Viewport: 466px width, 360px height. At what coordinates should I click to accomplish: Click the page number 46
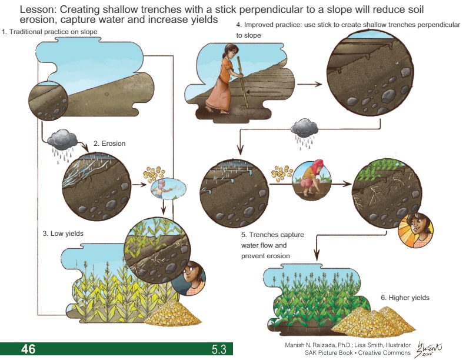coord(28,349)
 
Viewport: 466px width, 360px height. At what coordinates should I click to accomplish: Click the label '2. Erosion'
coord(109,144)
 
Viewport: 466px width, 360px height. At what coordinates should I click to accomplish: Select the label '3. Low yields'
coord(62,234)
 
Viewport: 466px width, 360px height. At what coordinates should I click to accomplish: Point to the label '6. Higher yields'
coord(405,298)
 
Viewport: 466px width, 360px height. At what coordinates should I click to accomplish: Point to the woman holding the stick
coord(223,81)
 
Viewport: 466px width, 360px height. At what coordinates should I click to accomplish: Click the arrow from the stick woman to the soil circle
coord(310,84)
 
